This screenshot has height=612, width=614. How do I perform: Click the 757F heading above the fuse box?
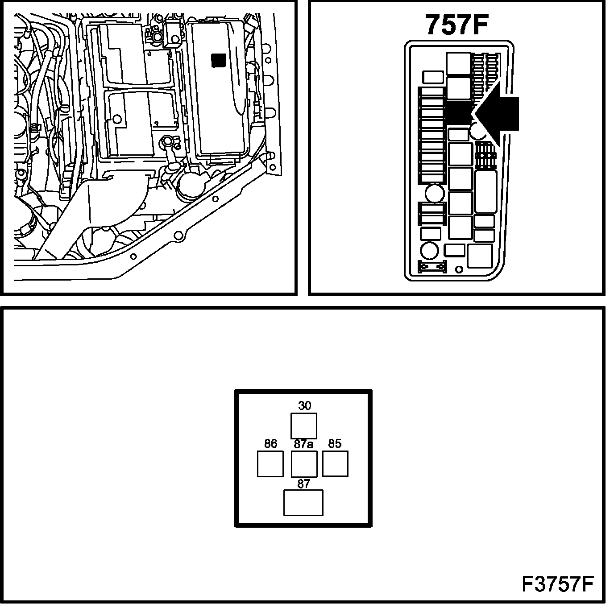(456, 25)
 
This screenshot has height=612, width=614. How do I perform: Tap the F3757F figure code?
(558, 584)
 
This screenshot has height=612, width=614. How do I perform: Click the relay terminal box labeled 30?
(304, 426)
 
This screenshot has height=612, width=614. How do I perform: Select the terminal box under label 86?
(270, 464)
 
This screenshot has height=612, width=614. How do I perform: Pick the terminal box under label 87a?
(304, 464)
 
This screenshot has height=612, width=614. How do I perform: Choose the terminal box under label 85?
(335, 464)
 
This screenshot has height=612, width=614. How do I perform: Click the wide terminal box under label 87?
(303, 503)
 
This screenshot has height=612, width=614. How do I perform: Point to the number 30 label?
(304, 405)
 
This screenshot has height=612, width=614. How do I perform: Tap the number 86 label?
(270, 443)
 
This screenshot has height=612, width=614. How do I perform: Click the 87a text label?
(303, 444)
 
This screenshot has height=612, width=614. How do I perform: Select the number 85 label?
(335, 443)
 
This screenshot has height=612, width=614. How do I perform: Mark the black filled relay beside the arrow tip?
(459, 112)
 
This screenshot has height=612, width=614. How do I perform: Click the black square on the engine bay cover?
(219, 61)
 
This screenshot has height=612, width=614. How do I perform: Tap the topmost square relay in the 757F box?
(459, 64)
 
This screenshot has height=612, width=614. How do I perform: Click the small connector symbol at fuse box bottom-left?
(431, 267)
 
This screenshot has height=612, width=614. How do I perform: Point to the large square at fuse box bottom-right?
(480, 256)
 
